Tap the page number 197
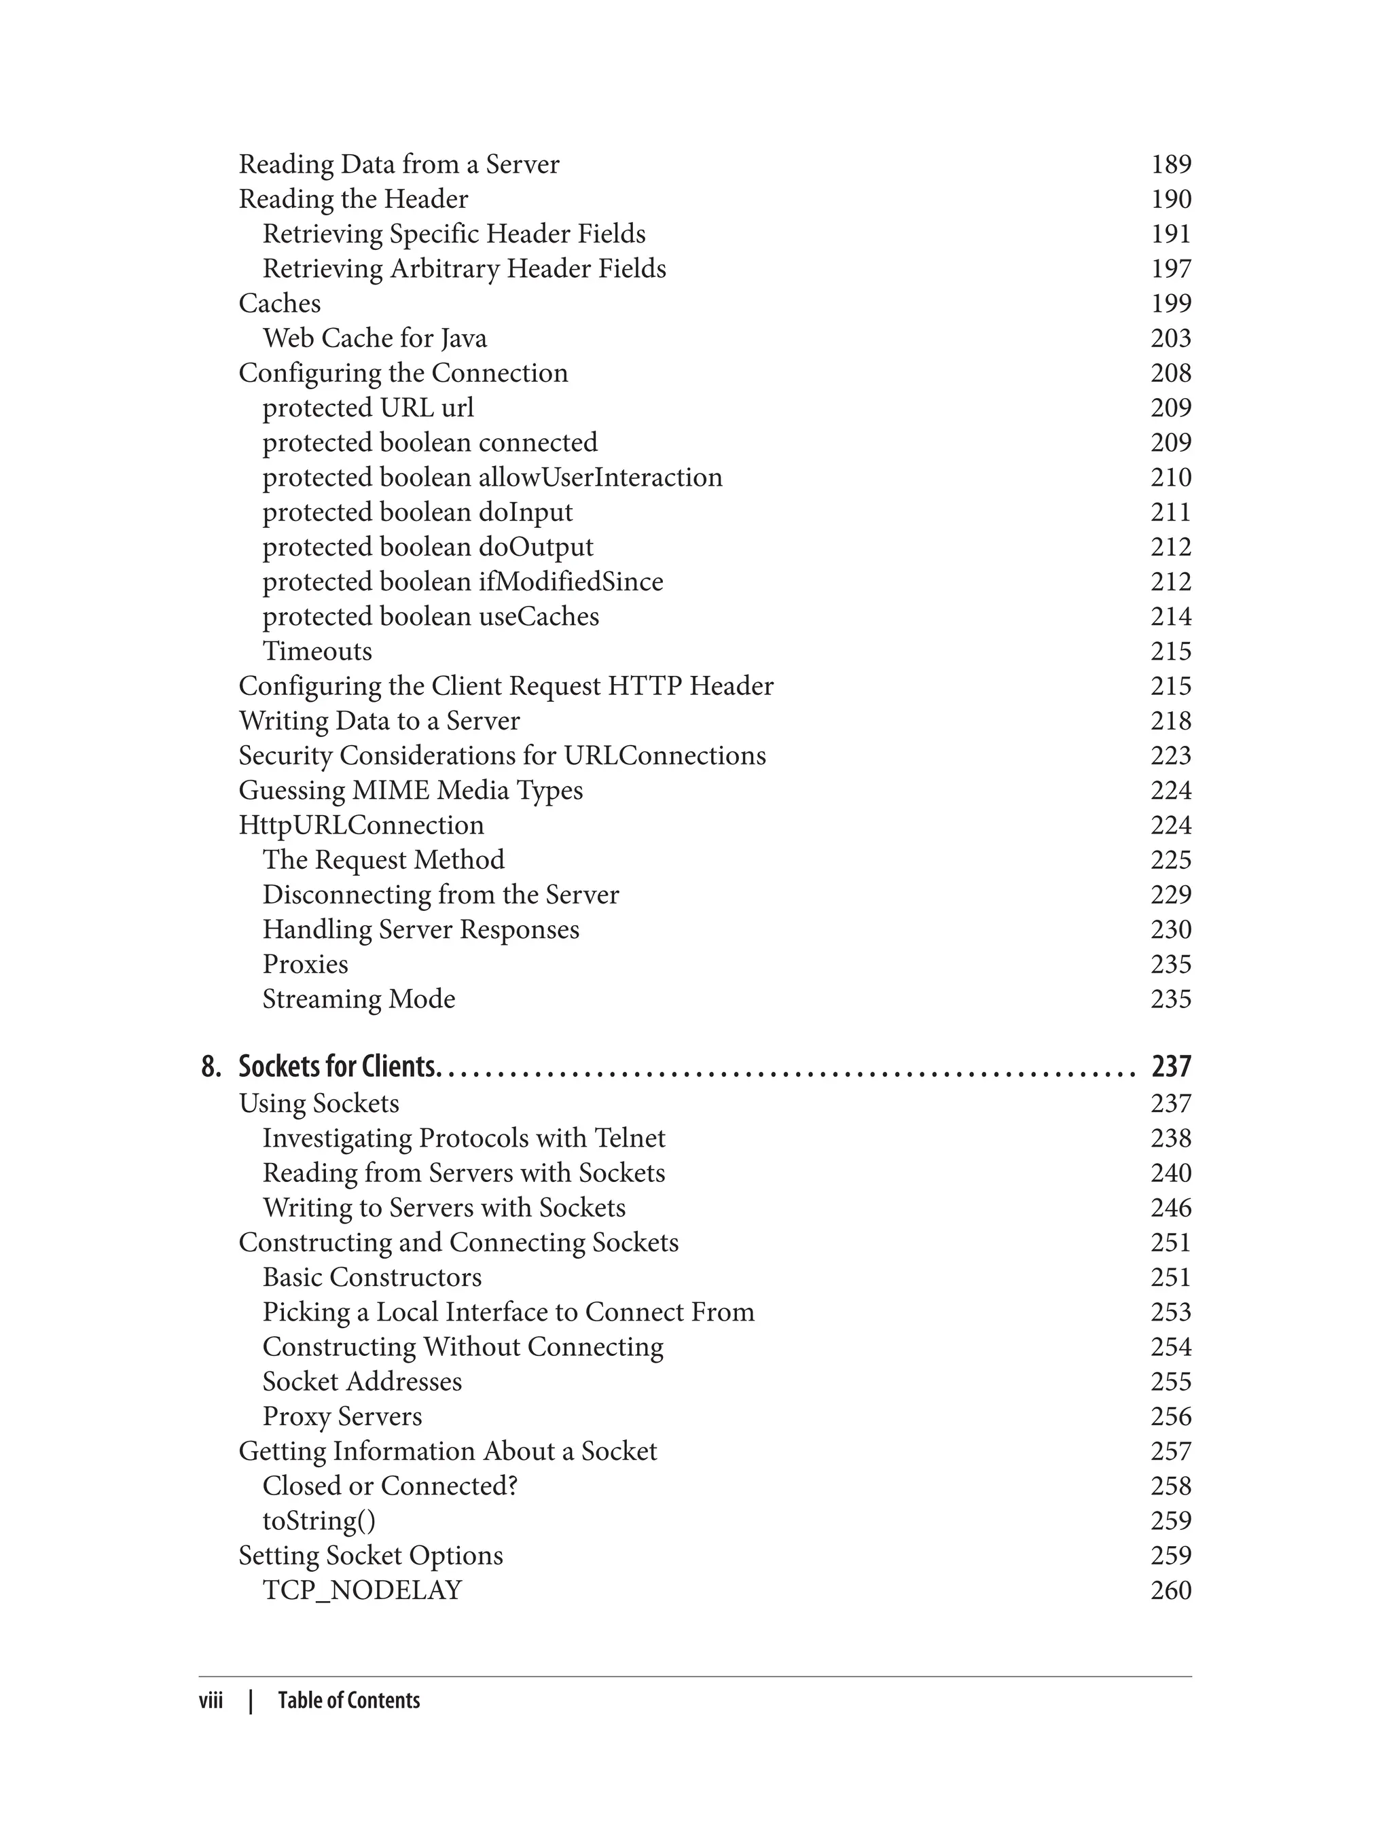pyautogui.click(x=1170, y=268)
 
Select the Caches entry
pyautogui.click(x=279, y=303)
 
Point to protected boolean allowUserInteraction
pyautogui.click(x=492, y=477)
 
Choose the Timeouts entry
pyautogui.click(x=317, y=651)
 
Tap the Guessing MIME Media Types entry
pyautogui.click(x=410, y=790)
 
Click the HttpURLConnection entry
pyautogui.click(x=361, y=825)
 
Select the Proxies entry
pyautogui.click(x=305, y=964)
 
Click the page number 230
pyautogui.click(x=1170, y=929)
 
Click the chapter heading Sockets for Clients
pyautogui.click(x=336, y=1067)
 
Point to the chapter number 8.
pyautogui.click(x=211, y=1067)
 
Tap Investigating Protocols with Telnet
pyautogui.click(x=464, y=1138)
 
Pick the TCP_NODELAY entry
pyautogui.click(x=362, y=1590)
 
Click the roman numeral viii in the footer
pyautogui.click(x=211, y=1700)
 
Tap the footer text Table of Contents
pyautogui.click(x=348, y=1700)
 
